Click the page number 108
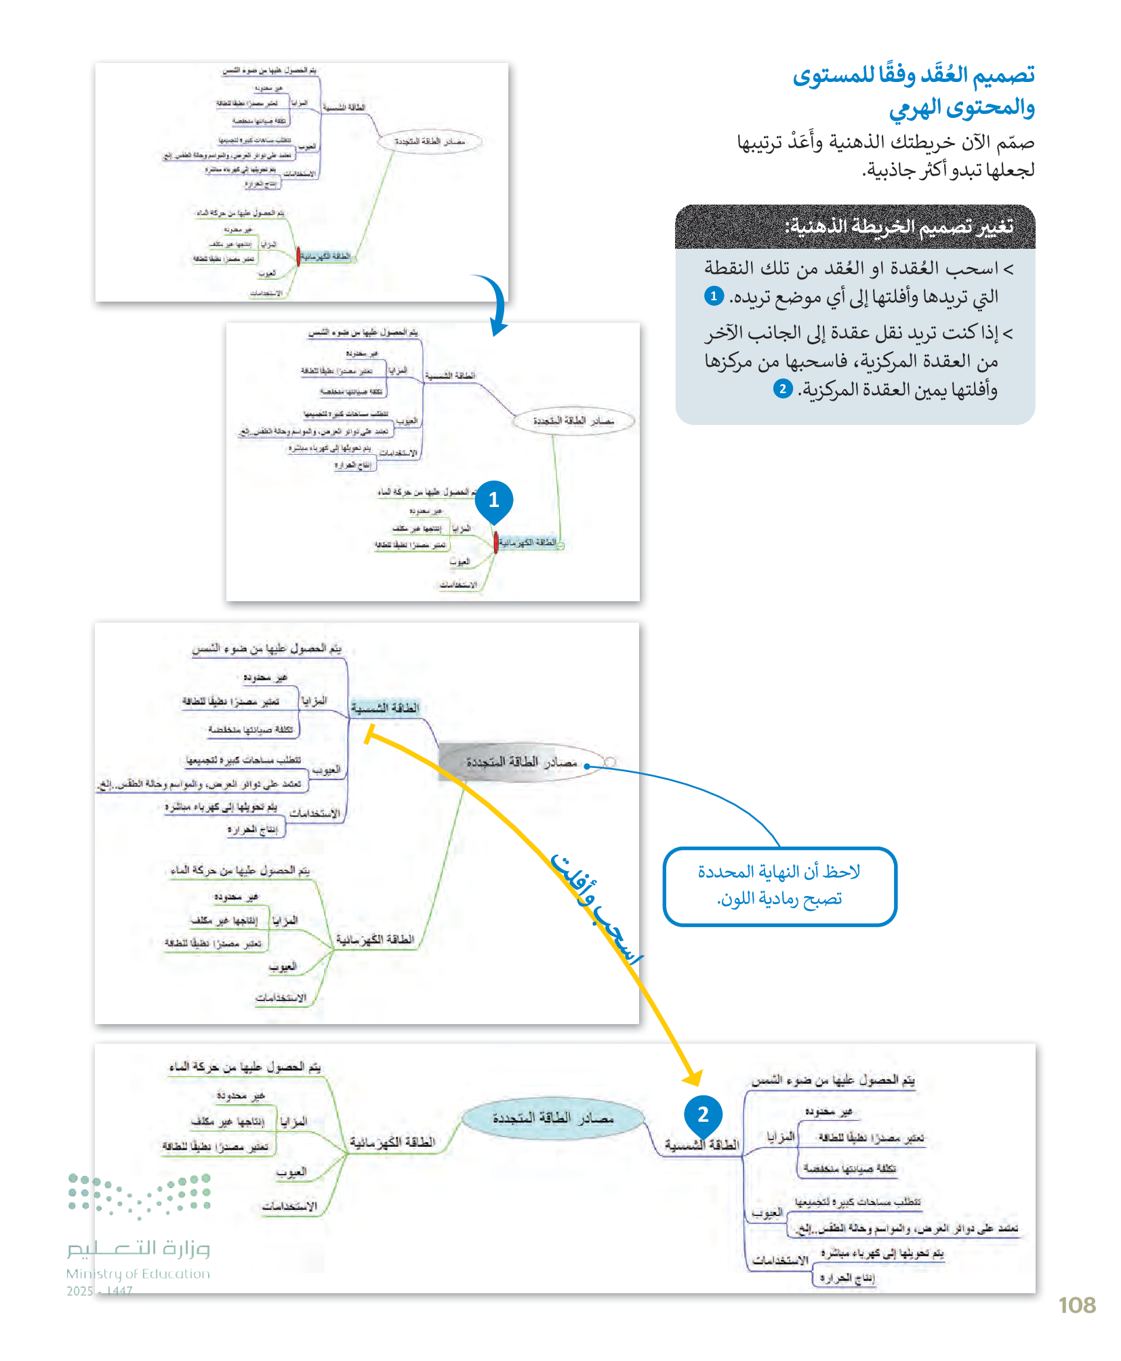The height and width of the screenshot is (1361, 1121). pos(1076,1305)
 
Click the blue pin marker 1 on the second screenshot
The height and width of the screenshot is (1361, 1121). pos(493,501)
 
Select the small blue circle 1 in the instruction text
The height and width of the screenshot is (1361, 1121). pos(714,296)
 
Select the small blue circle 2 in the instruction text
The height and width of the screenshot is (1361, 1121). pos(783,389)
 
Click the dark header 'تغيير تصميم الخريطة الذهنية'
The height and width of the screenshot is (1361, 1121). pos(855,227)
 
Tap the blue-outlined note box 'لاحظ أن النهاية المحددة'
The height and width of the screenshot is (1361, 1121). pos(779,886)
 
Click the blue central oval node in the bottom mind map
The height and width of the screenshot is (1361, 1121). pos(552,1118)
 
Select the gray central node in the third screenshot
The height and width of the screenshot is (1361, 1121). pos(522,763)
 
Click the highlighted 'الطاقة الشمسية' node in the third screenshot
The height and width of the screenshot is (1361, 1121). pos(385,708)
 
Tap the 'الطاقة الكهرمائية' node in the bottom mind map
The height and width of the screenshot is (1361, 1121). pos(392,1143)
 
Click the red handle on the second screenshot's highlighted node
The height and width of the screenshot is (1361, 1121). pos(495,542)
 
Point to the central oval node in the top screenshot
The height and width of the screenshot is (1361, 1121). pos(430,142)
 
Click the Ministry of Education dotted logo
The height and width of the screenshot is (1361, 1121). pos(139,1196)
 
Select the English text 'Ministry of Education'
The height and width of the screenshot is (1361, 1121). pos(138,1274)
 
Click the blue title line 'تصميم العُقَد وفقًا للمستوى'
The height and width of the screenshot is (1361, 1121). pos(913,75)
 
